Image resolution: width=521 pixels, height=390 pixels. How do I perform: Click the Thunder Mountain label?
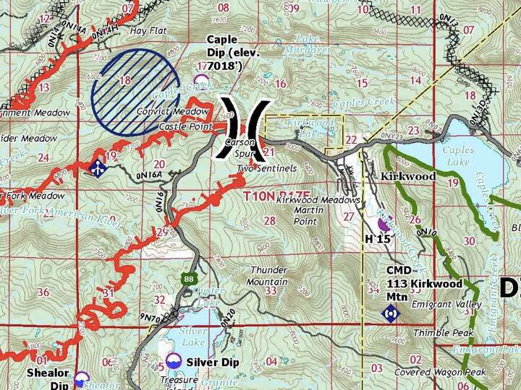tap(268, 275)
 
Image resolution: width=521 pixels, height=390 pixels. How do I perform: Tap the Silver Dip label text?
tap(212, 361)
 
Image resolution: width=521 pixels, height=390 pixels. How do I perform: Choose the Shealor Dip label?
tap(48, 378)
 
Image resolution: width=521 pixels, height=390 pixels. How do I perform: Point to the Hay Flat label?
tap(148, 32)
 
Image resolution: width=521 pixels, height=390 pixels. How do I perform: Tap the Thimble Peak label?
tap(442, 333)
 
